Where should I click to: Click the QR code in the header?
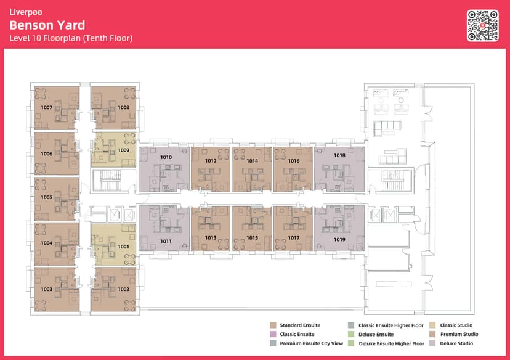tap(483, 26)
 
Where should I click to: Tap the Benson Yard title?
tap(47, 25)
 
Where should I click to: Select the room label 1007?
tap(47, 107)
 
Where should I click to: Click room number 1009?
tap(124, 150)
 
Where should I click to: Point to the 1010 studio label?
tap(166, 157)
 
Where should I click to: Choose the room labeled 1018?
tap(339, 155)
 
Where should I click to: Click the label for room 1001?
tap(124, 247)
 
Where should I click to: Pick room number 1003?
tap(47, 289)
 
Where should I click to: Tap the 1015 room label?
tap(252, 238)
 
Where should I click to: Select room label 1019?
tap(339, 240)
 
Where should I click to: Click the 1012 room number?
tap(211, 161)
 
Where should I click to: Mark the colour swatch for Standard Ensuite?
tap(273, 325)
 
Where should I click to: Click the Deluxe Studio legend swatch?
tap(432, 343)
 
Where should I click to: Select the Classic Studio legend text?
tap(456, 325)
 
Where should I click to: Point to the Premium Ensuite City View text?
tap(311, 343)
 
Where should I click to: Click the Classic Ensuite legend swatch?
tap(273, 334)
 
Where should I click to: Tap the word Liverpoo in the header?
tap(26, 12)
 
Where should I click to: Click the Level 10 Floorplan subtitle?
tap(71, 38)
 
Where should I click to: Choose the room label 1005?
tap(47, 197)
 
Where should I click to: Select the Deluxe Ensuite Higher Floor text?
tap(392, 343)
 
